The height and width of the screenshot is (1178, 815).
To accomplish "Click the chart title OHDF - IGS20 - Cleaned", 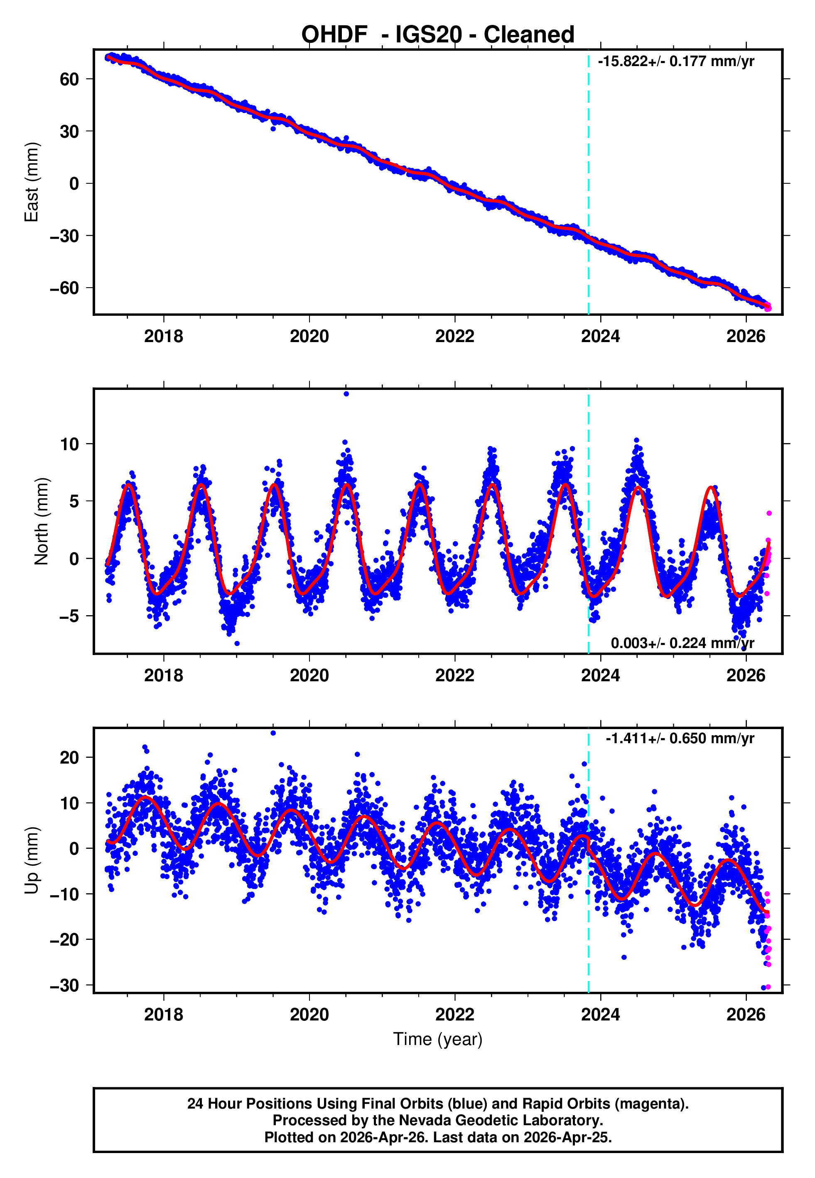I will pos(438,35).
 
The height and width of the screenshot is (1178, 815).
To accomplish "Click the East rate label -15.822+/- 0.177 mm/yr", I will pos(675,62).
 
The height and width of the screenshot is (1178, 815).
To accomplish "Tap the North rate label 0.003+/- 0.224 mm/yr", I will pos(682,643).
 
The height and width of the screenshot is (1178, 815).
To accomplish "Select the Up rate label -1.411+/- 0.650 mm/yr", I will pos(680,739).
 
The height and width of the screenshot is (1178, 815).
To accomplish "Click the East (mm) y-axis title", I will pos(32,182).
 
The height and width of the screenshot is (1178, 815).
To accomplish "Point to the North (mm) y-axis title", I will pos(42,521).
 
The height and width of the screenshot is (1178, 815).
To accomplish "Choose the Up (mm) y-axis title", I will pos(32,860).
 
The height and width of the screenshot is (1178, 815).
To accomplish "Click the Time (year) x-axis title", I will pos(438,1039).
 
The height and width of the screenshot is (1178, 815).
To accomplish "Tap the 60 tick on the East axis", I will pos(69,79).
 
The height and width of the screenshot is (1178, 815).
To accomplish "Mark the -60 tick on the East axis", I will pos(65,288).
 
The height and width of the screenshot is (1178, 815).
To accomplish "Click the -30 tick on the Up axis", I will pos(65,986).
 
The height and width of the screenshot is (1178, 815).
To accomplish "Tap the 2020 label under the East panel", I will pos(309,337).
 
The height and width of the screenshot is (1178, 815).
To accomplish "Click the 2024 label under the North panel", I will pos(601,675).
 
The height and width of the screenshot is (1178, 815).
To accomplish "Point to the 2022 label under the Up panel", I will pos(454,1015).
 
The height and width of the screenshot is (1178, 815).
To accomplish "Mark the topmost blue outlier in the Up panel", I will pos(273,733).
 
